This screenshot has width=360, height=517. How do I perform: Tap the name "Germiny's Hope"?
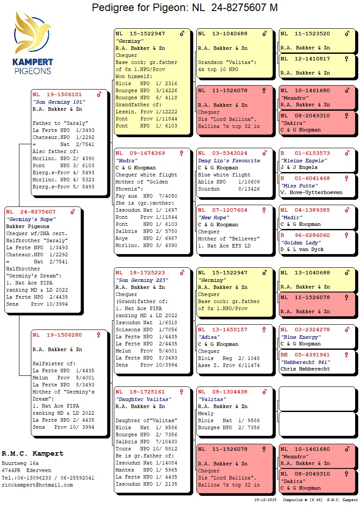(31, 219)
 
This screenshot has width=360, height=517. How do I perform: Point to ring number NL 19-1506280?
(57, 335)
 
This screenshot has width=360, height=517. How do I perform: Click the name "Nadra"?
(125, 161)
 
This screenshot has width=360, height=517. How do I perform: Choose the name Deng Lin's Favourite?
(229, 161)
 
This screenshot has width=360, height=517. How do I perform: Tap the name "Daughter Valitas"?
(143, 399)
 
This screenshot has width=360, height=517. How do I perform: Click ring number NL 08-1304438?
(222, 392)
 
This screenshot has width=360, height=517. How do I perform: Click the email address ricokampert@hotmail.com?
(37, 485)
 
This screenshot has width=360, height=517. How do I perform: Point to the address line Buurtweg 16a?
(20, 463)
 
